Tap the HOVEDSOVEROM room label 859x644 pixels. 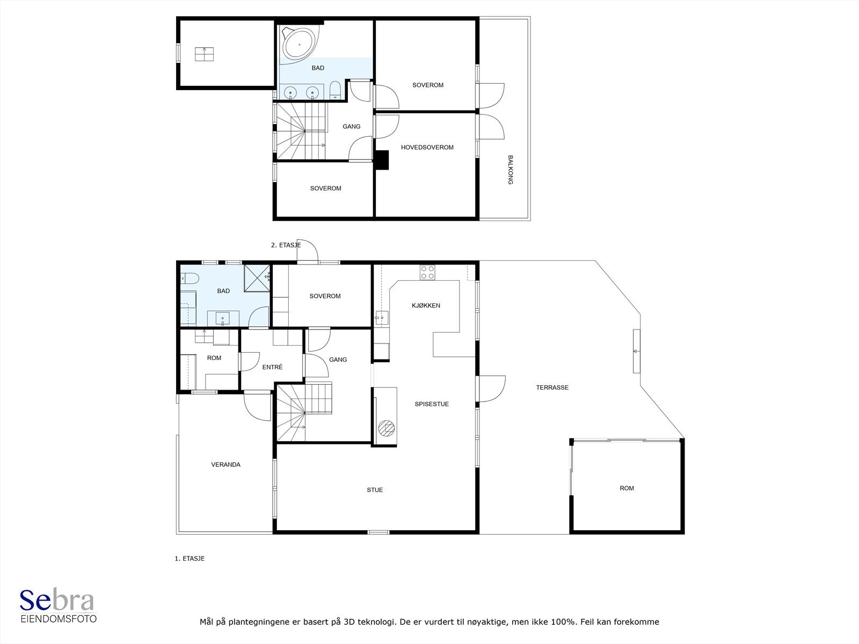coord(427,148)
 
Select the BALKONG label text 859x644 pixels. coord(511,170)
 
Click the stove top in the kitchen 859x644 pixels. coord(427,273)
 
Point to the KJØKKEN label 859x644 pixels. coord(426,305)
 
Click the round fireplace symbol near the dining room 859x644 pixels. coord(387,428)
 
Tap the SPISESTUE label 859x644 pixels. coord(432,404)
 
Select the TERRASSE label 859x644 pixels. coord(552,387)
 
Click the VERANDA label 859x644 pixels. coord(226,465)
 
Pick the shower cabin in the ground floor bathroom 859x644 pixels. coord(257,278)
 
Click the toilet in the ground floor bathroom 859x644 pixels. coord(190,279)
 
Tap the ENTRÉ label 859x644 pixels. coord(272,367)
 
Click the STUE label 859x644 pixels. coord(375,490)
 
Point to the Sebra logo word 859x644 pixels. coord(57,600)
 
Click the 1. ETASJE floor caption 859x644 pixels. coord(190,558)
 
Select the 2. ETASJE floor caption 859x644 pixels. coord(286,245)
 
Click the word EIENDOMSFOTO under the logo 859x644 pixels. coord(59,619)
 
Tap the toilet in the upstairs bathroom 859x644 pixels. coord(335,90)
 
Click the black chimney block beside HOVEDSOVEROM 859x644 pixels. coord(382,160)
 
